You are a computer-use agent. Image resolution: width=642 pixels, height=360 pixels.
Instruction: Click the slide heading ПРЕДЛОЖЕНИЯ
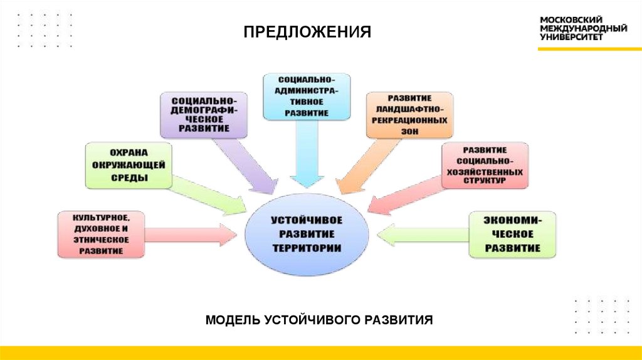pos(307,32)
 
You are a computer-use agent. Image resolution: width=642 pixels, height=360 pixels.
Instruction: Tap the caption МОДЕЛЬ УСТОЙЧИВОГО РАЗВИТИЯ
pos(320,320)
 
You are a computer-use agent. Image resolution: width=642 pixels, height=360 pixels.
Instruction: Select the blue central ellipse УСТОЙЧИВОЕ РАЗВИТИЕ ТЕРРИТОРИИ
pos(307,235)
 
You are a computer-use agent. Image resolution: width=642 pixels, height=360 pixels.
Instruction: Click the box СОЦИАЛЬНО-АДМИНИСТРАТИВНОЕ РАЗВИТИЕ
pos(307,96)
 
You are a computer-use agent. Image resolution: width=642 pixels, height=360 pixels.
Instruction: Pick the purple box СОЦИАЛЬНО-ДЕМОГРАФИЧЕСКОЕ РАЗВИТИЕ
pos(204,115)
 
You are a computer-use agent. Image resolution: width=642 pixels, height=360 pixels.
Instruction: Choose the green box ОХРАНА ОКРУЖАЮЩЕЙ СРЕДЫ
pos(129,166)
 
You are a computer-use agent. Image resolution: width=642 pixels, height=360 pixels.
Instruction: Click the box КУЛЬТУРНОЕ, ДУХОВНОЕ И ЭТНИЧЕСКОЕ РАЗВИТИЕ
pos(101,235)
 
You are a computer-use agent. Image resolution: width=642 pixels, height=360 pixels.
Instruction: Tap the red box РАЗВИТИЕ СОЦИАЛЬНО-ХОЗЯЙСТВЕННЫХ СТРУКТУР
pos(485,166)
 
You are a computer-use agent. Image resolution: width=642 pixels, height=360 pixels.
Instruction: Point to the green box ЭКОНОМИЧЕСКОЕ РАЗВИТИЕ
pos(512,235)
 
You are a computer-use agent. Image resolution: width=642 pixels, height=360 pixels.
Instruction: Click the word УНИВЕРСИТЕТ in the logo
pos(571,37)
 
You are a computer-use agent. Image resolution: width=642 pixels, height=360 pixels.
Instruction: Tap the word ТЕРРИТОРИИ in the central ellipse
pos(307,248)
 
